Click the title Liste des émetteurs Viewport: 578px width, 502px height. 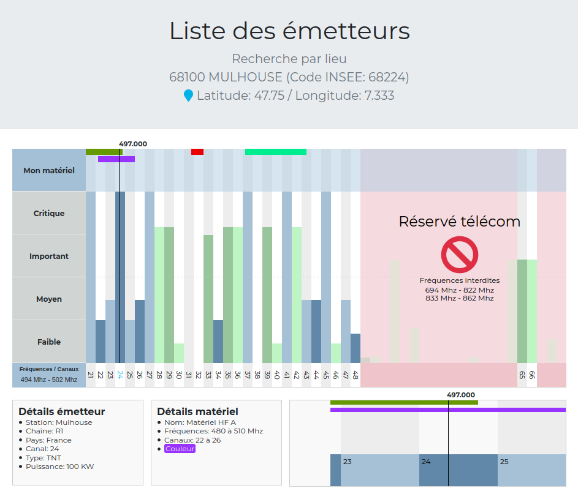(x=289, y=31)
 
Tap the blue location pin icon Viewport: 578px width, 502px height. (x=188, y=96)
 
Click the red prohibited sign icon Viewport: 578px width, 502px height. (x=459, y=254)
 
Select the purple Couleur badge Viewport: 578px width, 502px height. (x=180, y=449)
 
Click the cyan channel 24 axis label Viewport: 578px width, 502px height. (x=120, y=375)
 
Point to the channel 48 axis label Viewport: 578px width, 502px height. (x=356, y=375)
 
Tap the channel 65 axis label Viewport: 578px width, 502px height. (x=522, y=375)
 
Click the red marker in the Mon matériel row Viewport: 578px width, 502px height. (x=197, y=152)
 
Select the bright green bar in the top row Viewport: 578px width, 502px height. (x=275, y=152)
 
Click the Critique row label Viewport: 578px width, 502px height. (x=49, y=214)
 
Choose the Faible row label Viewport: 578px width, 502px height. (x=49, y=342)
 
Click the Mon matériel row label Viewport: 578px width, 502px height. (x=49, y=171)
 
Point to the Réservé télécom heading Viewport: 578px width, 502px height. (x=459, y=222)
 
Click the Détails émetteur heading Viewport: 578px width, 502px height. (x=61, y=411)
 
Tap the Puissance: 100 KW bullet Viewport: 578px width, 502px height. (x=59, y=466)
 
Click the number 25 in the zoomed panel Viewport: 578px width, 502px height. (x=504, y=462)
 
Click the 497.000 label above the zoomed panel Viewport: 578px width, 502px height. (x=460, y=395)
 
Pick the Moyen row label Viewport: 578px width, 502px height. (x=49, y=299)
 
